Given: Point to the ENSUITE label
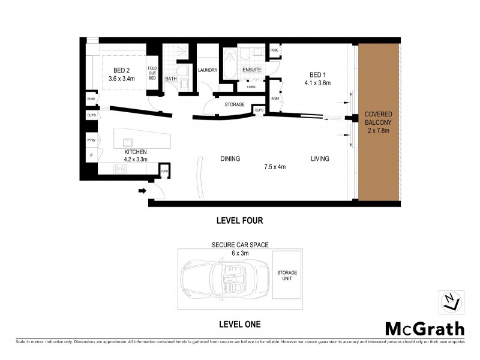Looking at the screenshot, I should pos(251,70).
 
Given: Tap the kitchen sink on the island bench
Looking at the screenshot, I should pos(128,143).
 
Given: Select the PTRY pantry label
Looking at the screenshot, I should pos(91,140).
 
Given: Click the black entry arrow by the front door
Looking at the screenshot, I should pos(142,191).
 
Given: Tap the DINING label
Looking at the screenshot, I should pos(230,159).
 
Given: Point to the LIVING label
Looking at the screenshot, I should pos(320,159).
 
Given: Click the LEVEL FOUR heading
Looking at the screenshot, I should pos(239,221).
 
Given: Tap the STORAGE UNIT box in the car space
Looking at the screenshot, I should pos(286,276).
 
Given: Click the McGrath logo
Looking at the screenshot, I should pos(424,329).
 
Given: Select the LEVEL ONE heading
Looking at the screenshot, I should pos(239,325).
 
